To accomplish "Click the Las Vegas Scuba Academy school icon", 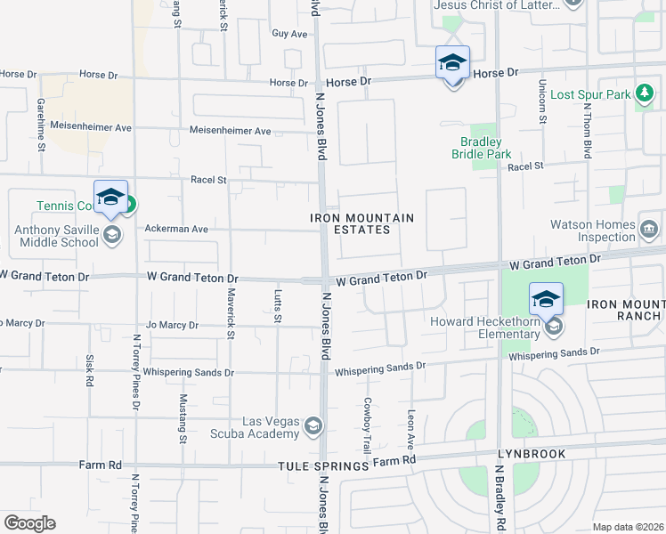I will pyautogui.click(x=313, y=427).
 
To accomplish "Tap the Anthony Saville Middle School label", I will pyautogui.click(x=55, y=235).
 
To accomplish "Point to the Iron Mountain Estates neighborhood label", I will pyautogui.click(x=361, y=223).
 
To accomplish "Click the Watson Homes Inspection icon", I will pyautogui.click(x=648, y=231).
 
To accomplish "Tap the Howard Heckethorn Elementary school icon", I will pyautogui.click(x=553, y=327).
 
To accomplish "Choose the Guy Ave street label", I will pyautogui.click(x=289, y=34).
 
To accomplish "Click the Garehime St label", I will pyautogui.click(x=41, y=124).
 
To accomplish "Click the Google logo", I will pyautogui.click(x=29, y=523).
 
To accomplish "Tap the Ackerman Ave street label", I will pyautogui.click(x=176, y=229).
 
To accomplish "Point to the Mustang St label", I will pyautogui.click(x=183, y=417).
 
